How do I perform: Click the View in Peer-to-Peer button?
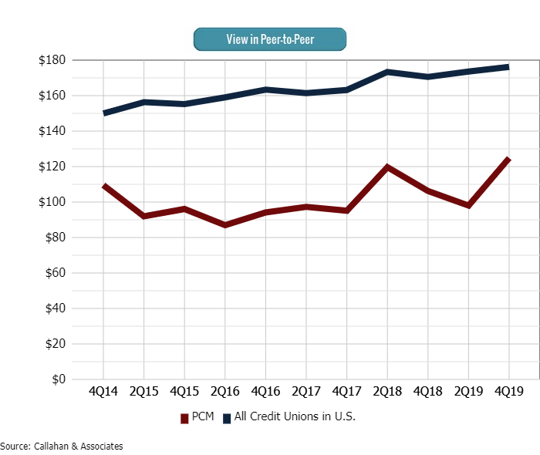(269, 39)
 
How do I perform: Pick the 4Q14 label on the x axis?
(103, 392)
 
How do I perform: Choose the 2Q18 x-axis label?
(387, 392)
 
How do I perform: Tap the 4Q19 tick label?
(508, 392)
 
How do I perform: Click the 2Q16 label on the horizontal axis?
(225, 392)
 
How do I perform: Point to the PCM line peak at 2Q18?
(387, 167)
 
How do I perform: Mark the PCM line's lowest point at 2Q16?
(225, 225)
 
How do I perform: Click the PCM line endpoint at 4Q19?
(508, 160)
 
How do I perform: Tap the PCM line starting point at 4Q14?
(104, 186)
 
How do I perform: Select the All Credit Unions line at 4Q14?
(104, 113)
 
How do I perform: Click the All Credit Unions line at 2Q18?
(387, 72)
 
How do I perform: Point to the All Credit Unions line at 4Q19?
(508, 67)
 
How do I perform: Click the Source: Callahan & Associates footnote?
(62, 447)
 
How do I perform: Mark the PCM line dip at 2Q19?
(468, 205)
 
